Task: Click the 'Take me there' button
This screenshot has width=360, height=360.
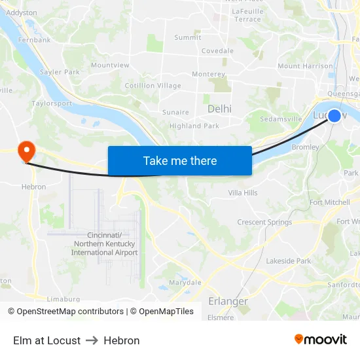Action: pyautogui.click(x=180, y=160)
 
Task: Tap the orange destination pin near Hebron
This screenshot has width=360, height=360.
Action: pyautogui.click(x=27, y=152)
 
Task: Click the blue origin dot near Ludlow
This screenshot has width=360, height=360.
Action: pyautogui.click(x=334, y=116)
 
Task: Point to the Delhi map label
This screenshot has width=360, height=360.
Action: pyautogui.click(x=219, y=109)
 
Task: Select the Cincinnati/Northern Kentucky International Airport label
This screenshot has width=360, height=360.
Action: pyautogui.click(x=105, y=244)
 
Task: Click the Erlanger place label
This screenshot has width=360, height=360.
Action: pyautogui.click(x=228, y=301)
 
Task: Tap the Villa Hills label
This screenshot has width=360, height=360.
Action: pyautogui.click(x=242, y=192)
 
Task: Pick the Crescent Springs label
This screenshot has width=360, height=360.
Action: pyautogui.click(x=264, y=222)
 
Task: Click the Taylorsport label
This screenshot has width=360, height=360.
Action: pyautogui.click(x=52, y=103)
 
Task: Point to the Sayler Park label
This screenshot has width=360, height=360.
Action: pyautogui.click(x=60, y=72)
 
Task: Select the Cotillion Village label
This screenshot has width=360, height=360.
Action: pyautogui.click(x=153, y=86)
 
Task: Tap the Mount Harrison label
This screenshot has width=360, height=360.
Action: pyautogui.click(x=305, y=66)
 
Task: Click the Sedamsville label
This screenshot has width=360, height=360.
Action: pyautogui.click(x=281, y=119)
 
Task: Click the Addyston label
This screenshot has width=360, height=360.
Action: pyautogui.click(x=22, y=12)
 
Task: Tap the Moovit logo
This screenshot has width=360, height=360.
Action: pyautogui.click(x=321, y=340)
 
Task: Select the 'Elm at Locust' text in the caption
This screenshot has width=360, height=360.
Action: pyautogui.click(x=46, y=340)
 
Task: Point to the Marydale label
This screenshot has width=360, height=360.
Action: pyautogui.click(x=185, y=283)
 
